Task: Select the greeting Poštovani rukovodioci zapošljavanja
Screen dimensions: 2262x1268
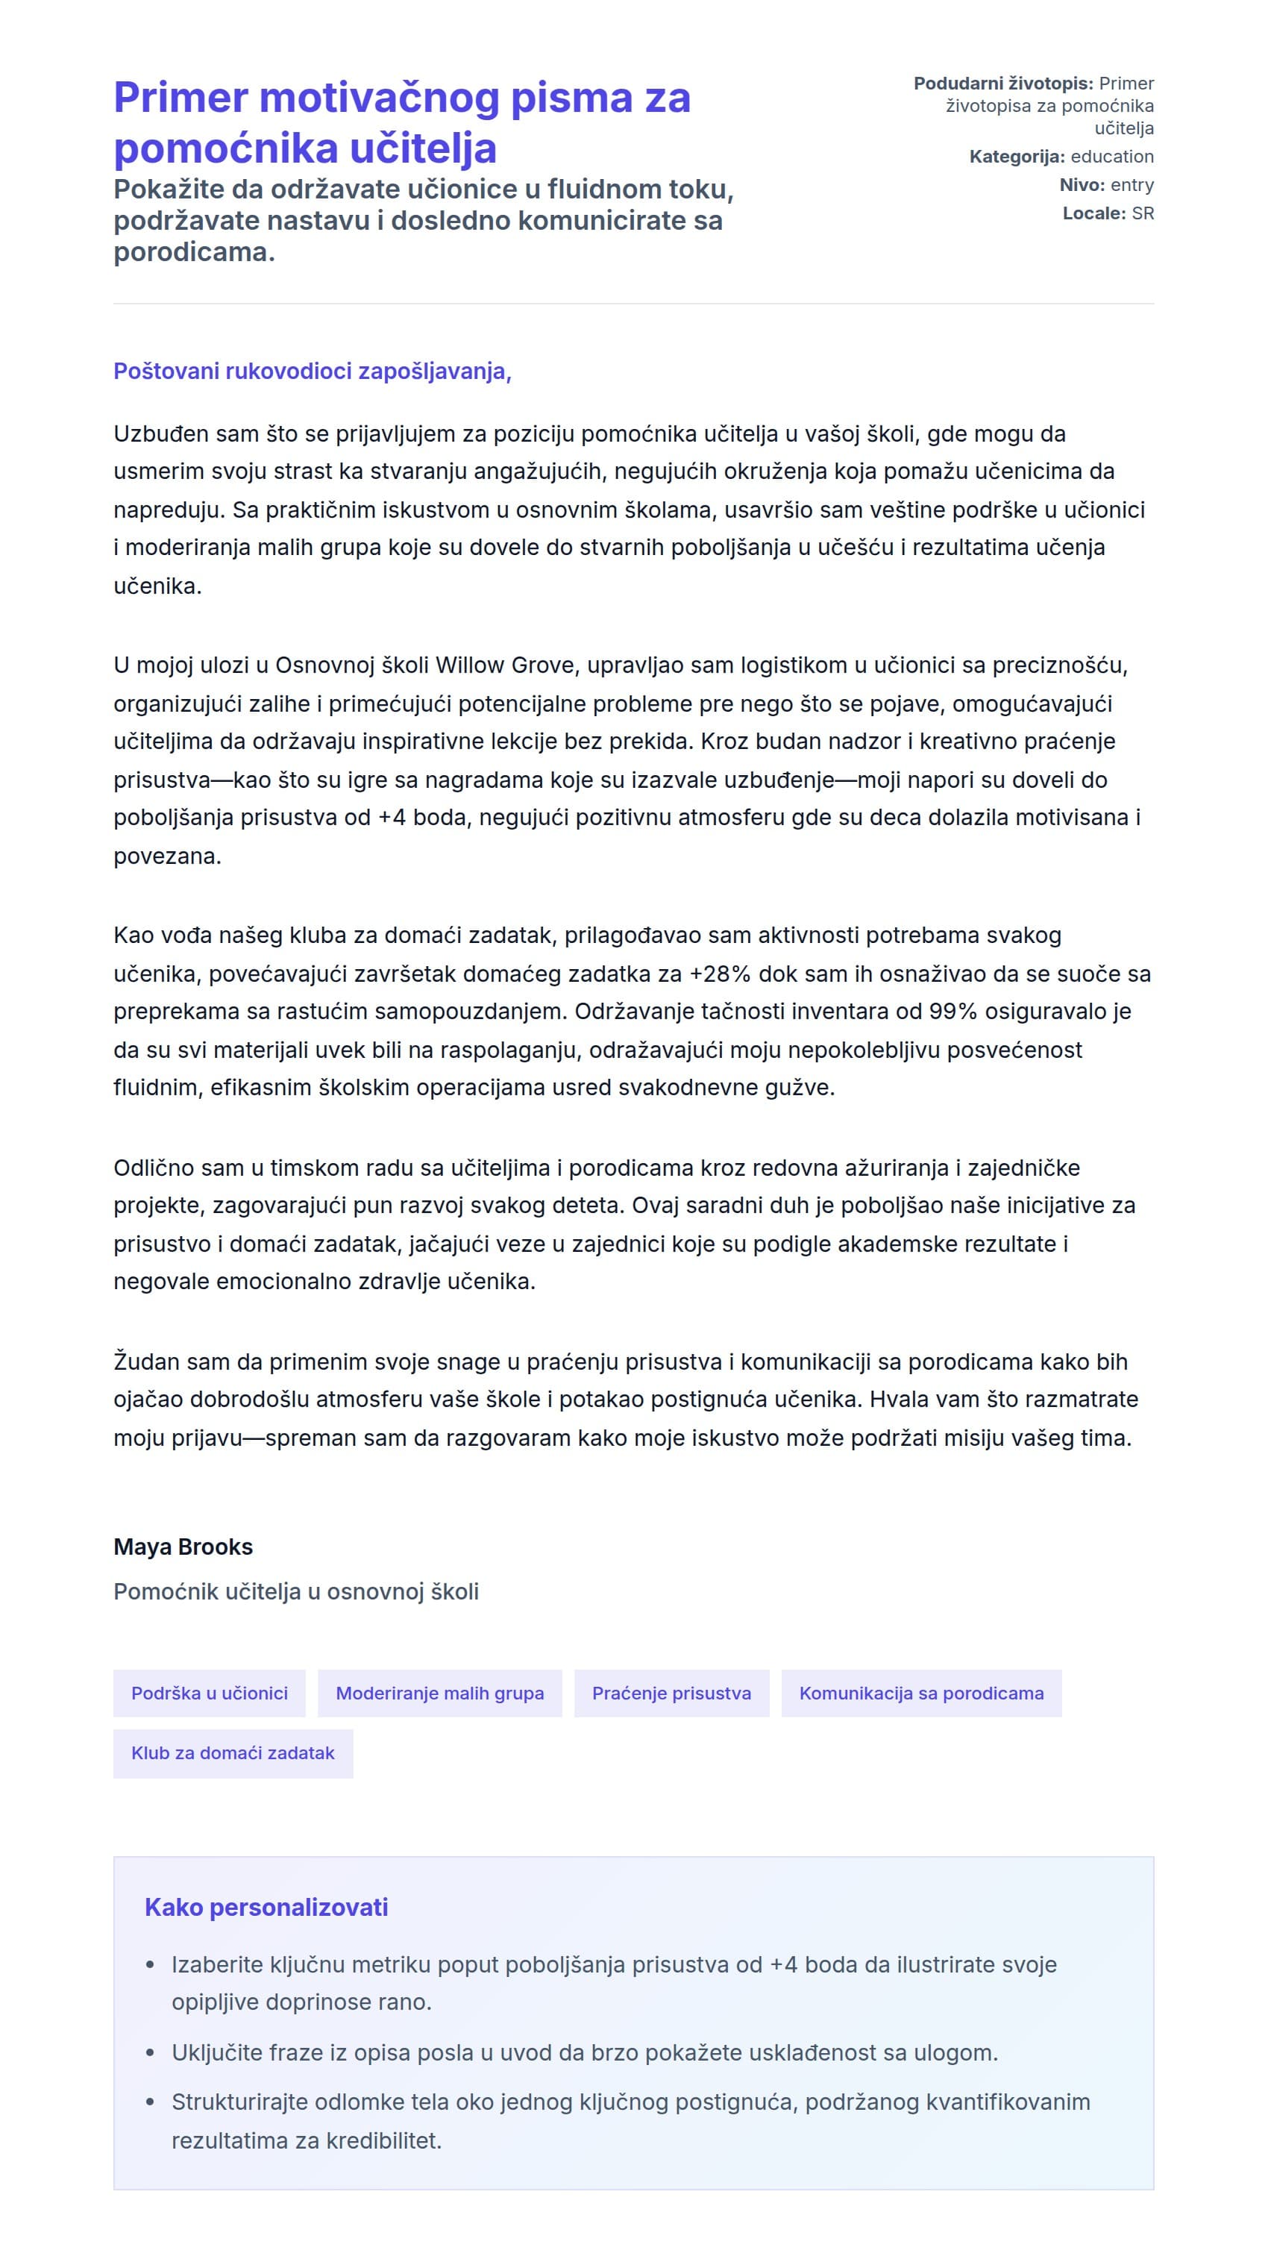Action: pos(312,372)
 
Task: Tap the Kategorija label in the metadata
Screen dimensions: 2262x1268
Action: pos(1016,157)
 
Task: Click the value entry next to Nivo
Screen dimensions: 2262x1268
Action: pos(1132,184)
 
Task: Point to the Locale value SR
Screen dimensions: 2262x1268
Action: pos(1143,213)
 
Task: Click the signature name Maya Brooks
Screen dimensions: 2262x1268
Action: pos(183,1547)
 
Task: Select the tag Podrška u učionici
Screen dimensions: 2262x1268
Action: pos(209,1693)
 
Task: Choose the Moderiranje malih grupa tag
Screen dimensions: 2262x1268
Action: pos(439,1693)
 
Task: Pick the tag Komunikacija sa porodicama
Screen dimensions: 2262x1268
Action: pos(921,1693)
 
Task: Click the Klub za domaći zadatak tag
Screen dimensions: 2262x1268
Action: pos(233,1752)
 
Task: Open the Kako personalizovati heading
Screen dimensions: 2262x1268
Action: pos(266,1907)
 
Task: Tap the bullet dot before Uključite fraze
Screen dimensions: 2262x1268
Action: pos(150,2054)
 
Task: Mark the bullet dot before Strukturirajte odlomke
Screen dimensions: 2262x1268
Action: pos(150,2103)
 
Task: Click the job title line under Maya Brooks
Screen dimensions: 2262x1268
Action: pos(296,1592)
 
